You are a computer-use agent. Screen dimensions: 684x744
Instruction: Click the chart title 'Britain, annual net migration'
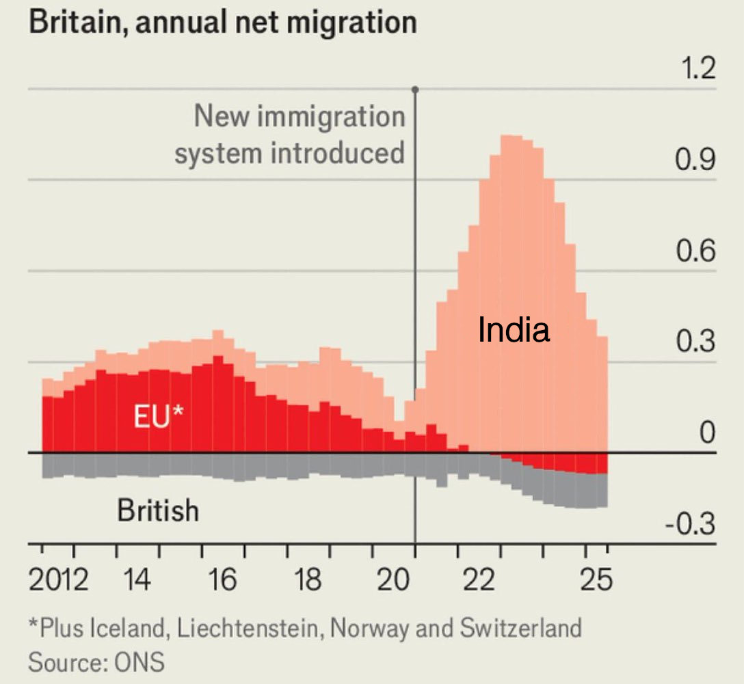point(222,22)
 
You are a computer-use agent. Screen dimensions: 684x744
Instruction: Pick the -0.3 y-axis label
point(690,525)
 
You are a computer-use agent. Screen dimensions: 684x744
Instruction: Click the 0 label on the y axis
point(706,433)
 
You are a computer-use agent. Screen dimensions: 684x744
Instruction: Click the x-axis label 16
point(222,582)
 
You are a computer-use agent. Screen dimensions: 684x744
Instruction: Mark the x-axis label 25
point(596,582)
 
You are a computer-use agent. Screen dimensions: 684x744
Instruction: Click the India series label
point(514,331)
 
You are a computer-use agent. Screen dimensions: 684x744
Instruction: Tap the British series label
point(158,510)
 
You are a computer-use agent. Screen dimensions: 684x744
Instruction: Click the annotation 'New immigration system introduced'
point(290,135)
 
